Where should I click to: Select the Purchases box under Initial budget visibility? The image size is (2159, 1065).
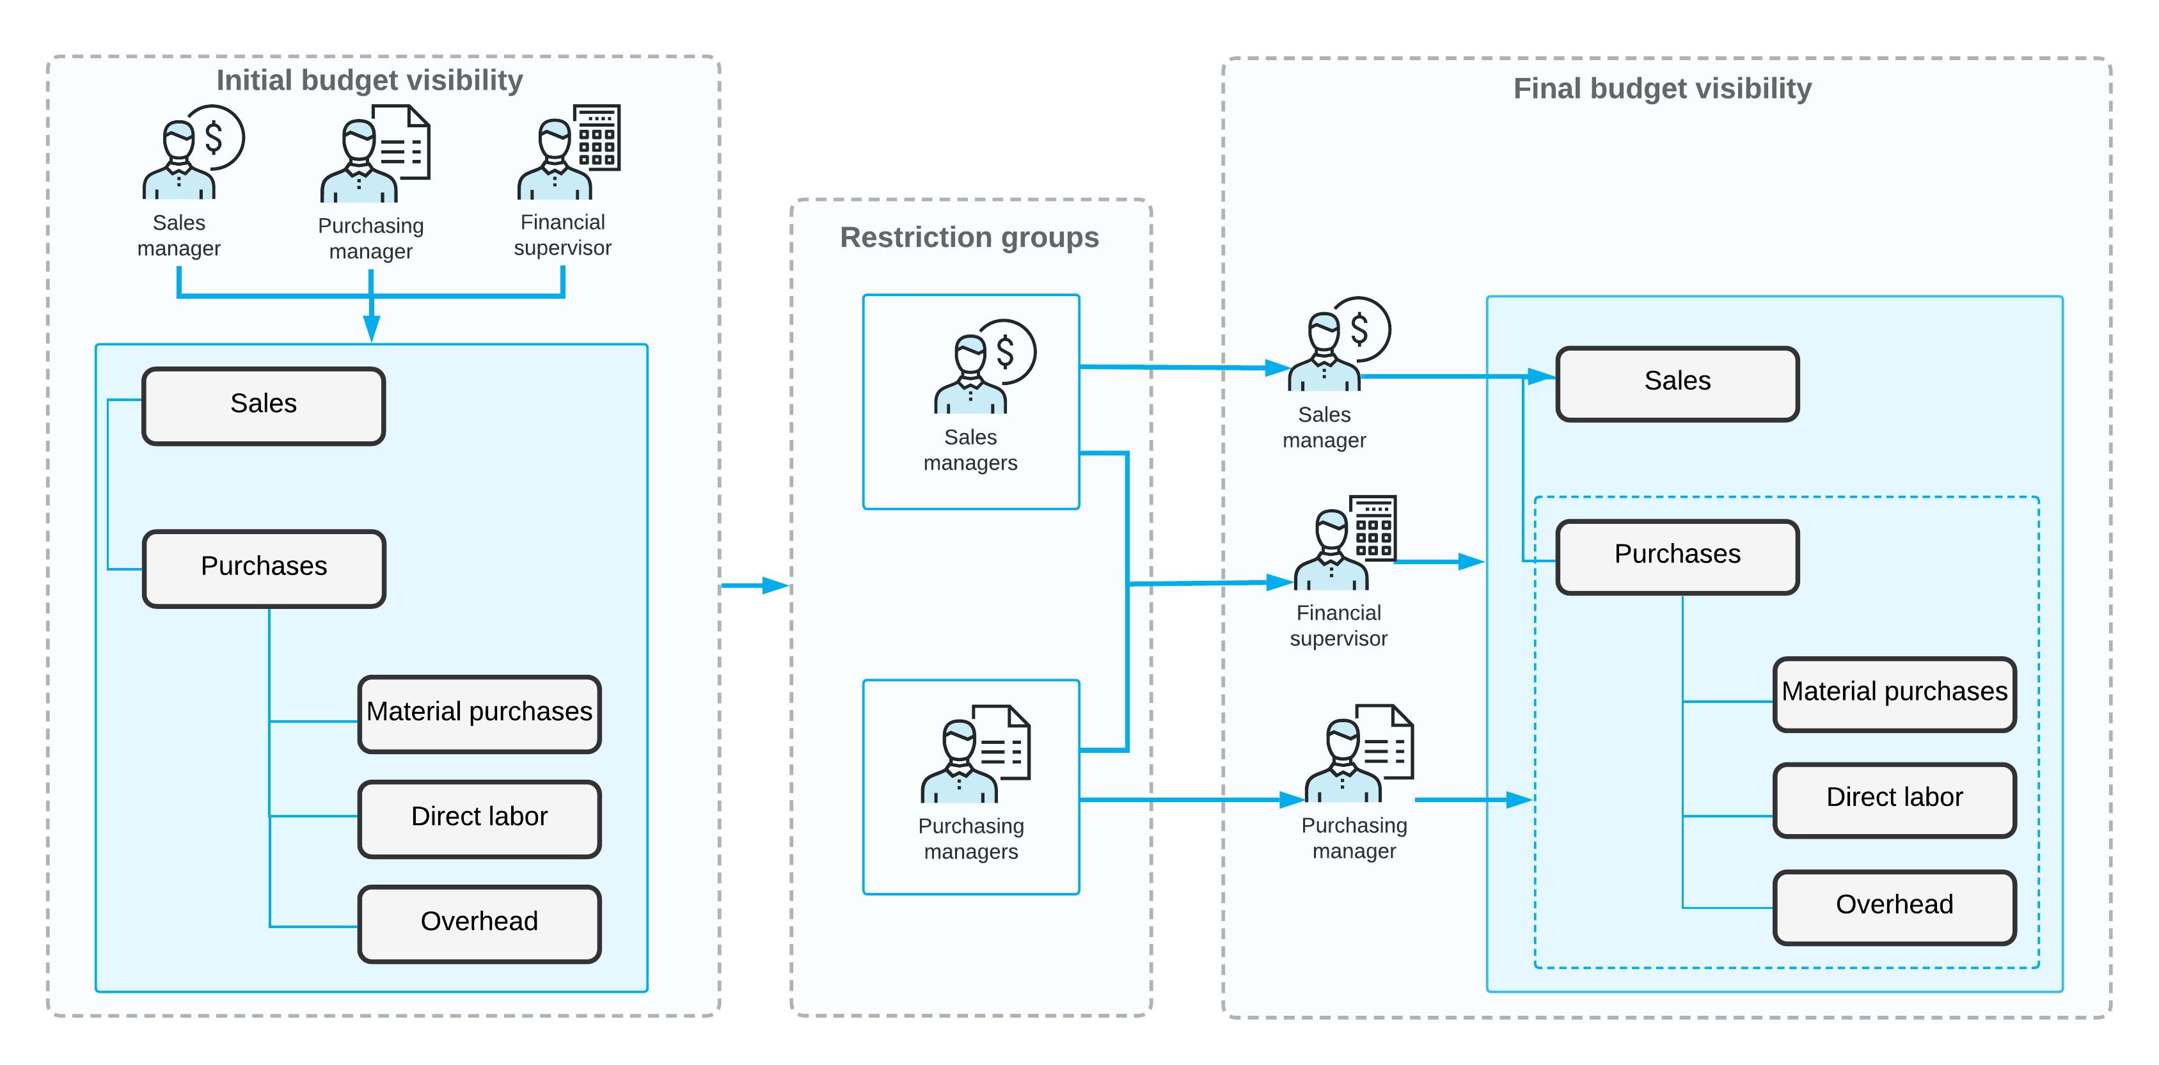[x=263, y=567]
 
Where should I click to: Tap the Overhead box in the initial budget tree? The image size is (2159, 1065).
[x=478, y=922]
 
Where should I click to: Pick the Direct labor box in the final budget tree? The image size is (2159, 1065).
[x=1894, y=798]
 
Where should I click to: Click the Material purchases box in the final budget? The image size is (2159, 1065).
[x=1894, y=693]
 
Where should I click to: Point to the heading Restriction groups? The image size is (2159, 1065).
[x=969, y=238]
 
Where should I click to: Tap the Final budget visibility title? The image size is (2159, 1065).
[x=1661, y=89]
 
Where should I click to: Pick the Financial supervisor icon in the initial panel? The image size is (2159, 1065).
[x=568, y=152]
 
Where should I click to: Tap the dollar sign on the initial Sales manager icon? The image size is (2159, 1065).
[x=214, y=137]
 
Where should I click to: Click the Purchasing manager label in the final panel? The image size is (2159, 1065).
[x=1354, y=837]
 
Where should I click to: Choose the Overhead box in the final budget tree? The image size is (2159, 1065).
[x=1894, y=906]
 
